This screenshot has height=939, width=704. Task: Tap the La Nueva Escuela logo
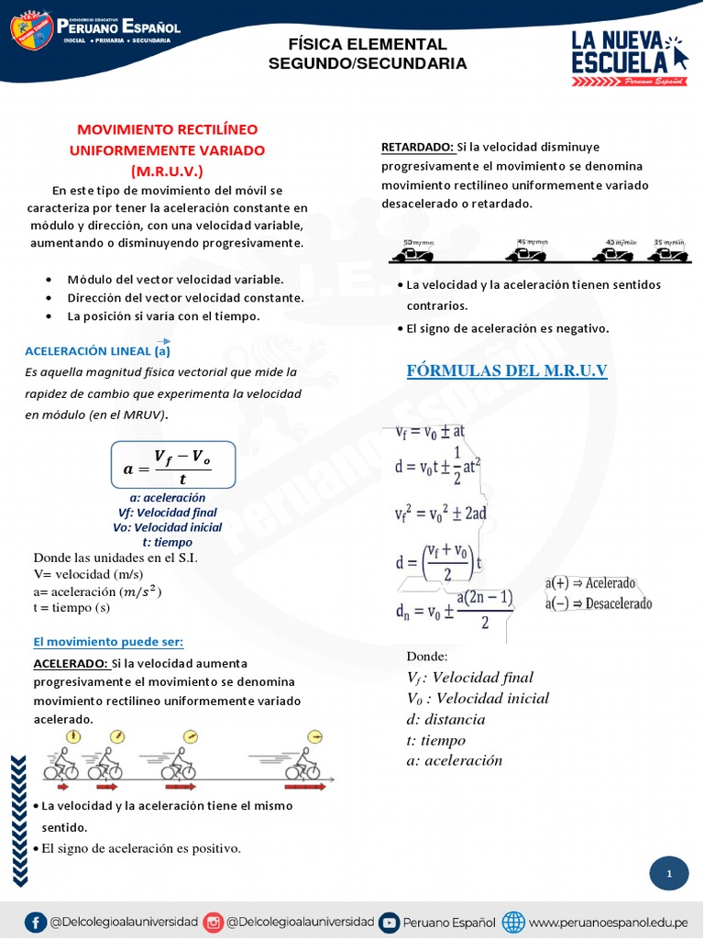629,57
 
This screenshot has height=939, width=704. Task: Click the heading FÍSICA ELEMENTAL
368,44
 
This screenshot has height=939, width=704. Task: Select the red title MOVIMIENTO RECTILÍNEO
167,129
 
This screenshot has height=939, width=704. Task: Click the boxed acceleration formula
173,466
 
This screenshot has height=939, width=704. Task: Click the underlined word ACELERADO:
71,663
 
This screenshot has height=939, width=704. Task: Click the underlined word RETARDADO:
417,147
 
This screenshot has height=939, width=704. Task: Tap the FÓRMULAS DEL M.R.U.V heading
507,370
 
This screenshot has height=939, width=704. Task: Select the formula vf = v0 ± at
430,430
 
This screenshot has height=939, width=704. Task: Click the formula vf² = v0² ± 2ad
440,513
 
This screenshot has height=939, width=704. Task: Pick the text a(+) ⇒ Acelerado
590,583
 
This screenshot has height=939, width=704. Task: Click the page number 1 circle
669,874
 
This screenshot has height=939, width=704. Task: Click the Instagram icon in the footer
213,922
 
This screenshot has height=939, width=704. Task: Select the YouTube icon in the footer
389,922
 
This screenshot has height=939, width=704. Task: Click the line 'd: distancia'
445,719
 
